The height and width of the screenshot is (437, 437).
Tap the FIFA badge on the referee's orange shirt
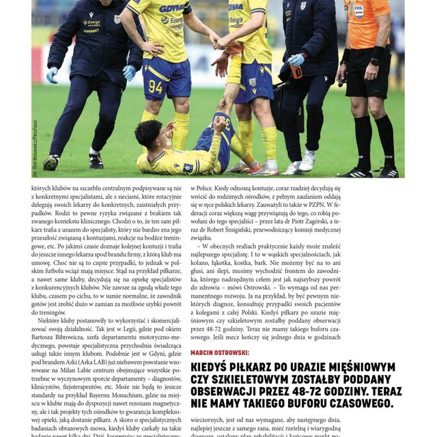click(359, 12)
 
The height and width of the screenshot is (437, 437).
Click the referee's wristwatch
click(374, 62)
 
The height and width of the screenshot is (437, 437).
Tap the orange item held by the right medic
click(296, 71)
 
